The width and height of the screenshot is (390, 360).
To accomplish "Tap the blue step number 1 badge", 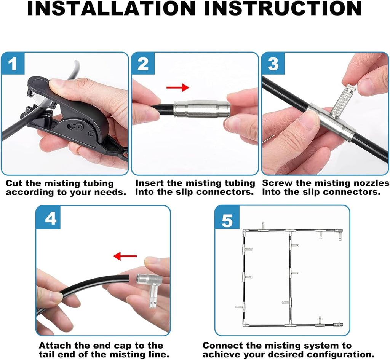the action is [13, 64].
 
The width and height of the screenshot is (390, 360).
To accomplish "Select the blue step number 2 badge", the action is [143, 64].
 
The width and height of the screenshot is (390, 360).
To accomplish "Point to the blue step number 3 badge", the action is [273, 64].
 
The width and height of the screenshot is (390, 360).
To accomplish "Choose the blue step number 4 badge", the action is [48, 218].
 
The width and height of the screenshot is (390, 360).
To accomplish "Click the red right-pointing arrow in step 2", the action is [178, 88].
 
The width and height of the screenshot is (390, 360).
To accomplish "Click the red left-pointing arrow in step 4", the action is [125, 256].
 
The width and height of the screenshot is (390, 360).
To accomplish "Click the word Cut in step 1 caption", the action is [14, 183].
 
